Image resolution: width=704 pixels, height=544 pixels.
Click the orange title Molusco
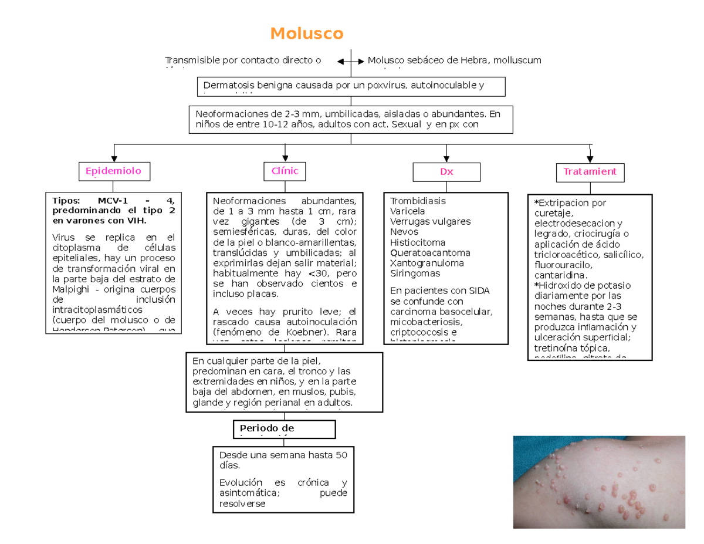click(x=306, y=34)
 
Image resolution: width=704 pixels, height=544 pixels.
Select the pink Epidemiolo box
click(x=114, y=171)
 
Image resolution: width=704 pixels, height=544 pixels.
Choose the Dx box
click(x=446, y=173)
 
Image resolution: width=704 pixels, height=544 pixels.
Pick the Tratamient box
click(x=590, y=172)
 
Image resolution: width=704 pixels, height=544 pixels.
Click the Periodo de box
click(x=284, y=429)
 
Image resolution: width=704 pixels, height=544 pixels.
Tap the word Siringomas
click(x=411, y=273)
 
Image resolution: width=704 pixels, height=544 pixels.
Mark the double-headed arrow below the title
click(x=351, y=61)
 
